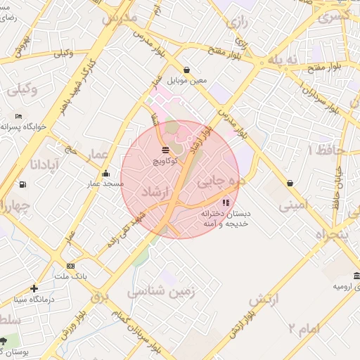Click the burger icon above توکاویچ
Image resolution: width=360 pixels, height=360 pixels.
pos(165,150)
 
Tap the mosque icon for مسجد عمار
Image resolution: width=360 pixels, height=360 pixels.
pos(105,173)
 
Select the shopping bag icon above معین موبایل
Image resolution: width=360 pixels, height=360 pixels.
pos(186,70)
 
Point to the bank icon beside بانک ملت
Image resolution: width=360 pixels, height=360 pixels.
pos(70,266)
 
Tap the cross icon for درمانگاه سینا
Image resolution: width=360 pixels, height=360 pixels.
pos(34,288)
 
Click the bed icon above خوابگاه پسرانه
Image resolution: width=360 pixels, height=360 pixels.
pos(18,117)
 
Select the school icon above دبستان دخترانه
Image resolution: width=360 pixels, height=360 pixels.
pos(225,202)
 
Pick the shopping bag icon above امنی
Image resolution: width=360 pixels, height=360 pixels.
pos(290,184)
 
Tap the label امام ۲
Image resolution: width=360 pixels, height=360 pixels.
pos(304,328)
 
